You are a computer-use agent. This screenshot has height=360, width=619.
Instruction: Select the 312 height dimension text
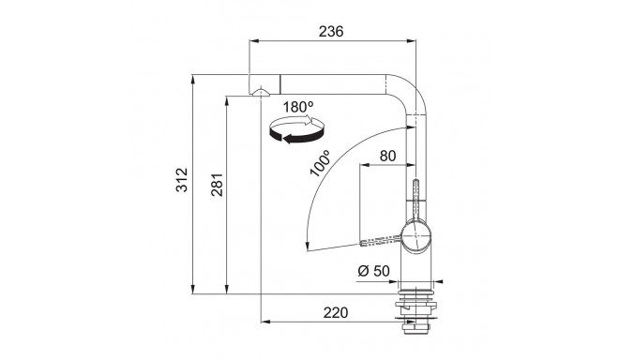182,180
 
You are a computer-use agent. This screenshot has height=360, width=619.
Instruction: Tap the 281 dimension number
216,189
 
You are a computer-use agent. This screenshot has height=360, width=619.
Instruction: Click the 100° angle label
318,164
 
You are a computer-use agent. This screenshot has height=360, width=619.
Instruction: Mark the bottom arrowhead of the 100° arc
309,246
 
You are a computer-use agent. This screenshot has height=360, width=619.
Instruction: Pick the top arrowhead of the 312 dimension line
193,77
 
